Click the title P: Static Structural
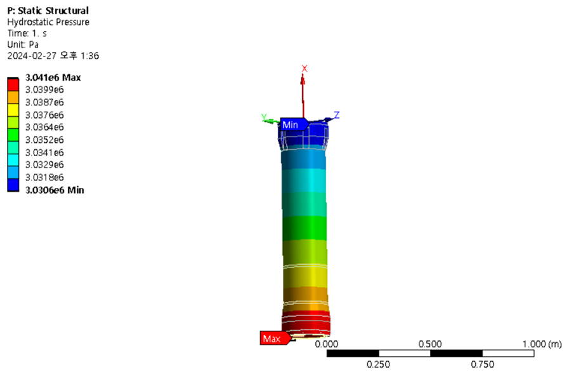pos(48,11)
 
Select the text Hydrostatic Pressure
pos(48,22)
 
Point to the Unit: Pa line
pos(23,44)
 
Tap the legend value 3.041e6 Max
pos(53,77)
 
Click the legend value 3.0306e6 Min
pos(55,190)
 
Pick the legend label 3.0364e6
pos(44,127)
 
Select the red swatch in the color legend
pos(13,85)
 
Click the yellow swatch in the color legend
pos(13,110)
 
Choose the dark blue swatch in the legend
pos(13,185)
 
